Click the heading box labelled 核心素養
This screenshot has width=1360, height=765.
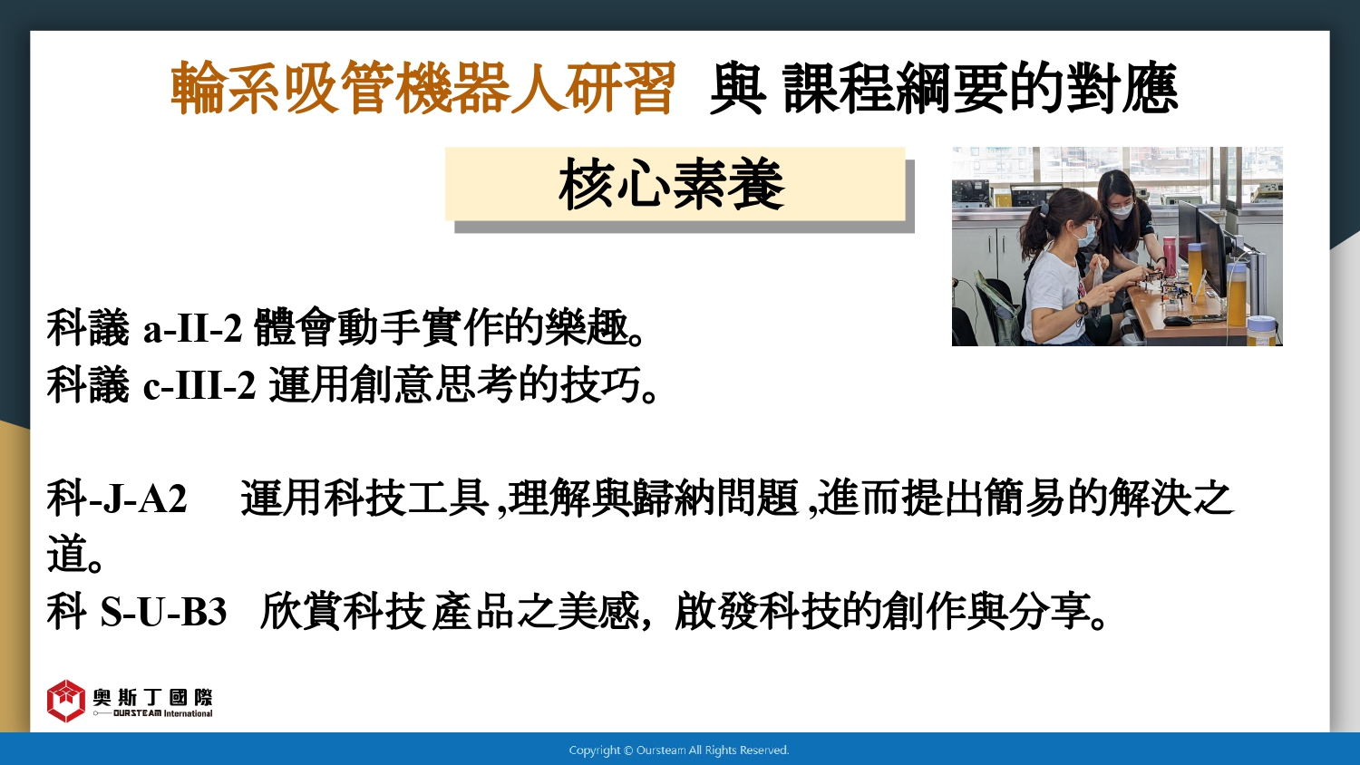[675, 184]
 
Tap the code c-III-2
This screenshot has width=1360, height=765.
[199, 385]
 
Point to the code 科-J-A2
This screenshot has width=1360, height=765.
[117, 498]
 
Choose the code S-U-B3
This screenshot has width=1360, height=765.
[163, 612]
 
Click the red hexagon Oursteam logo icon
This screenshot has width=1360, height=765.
[65, 701]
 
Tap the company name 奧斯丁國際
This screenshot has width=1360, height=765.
[152, 697]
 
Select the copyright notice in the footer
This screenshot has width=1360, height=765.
[679, 750]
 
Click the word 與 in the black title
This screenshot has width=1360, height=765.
[737, 89]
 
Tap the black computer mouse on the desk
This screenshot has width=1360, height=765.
[1176, 320]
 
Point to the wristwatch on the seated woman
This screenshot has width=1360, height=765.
[1082, 307]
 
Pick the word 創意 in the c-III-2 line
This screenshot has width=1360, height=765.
[392, 384]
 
